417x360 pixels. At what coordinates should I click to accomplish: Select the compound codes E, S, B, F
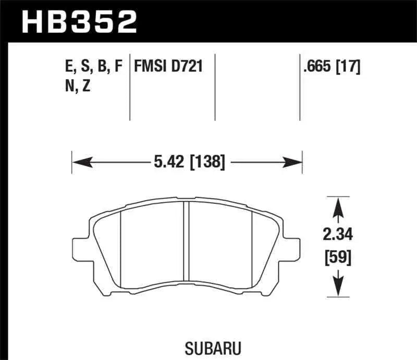click(x=92, y=67)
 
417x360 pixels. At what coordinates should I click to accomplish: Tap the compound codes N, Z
click(x=77, y=86)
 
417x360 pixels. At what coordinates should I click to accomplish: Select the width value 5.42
click(x=166, y=163)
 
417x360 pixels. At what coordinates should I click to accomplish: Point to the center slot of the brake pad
click(x=186, y=245)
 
